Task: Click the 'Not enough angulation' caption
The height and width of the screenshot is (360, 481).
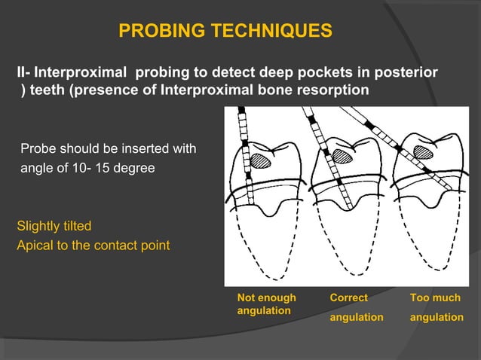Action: point(266,304)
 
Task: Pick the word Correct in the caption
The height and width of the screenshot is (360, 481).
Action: point(349,298)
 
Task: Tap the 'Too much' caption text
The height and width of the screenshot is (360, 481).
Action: point(435,298)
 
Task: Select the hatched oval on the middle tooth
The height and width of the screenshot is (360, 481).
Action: point(343,156)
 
